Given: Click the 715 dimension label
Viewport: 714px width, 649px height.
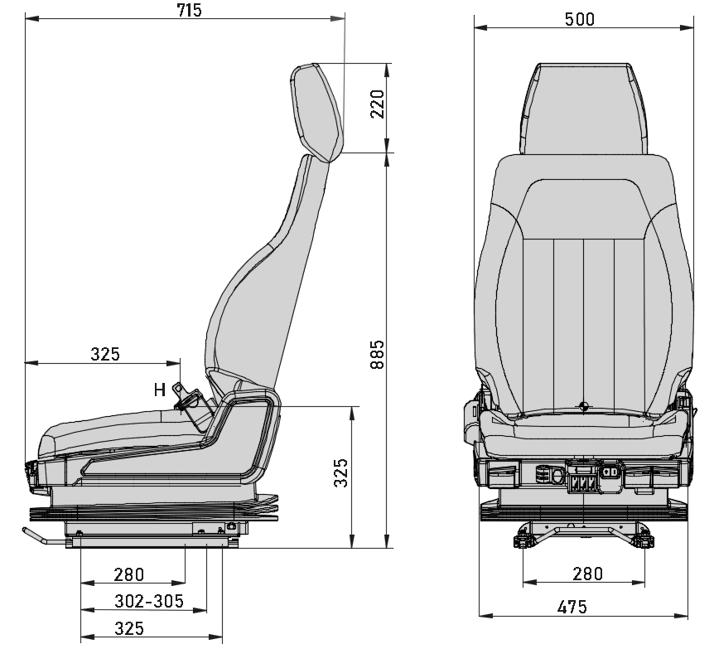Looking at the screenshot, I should tap(189, 10).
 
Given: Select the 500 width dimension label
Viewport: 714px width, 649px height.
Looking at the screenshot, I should tap(580, 19).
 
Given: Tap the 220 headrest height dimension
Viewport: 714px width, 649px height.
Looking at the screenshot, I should tap(378, 104).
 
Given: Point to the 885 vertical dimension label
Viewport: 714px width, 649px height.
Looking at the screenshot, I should tap(378, 355).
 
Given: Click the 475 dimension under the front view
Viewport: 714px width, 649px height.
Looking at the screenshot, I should tap(572, 607).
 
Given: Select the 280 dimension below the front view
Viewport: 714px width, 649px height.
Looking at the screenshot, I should tap(587, 574).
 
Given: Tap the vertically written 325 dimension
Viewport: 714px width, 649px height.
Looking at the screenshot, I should tap(341, 472).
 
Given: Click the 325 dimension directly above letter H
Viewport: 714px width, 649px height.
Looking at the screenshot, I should tap(105, 354).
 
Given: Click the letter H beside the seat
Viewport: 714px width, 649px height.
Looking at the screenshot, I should tap(160, 389).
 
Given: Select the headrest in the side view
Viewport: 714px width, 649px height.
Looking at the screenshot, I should tap(317, 112).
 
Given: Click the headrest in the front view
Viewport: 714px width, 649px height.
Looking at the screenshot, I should tap(584, 108).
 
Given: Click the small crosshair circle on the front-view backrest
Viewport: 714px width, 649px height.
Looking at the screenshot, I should tap(584, 406).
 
